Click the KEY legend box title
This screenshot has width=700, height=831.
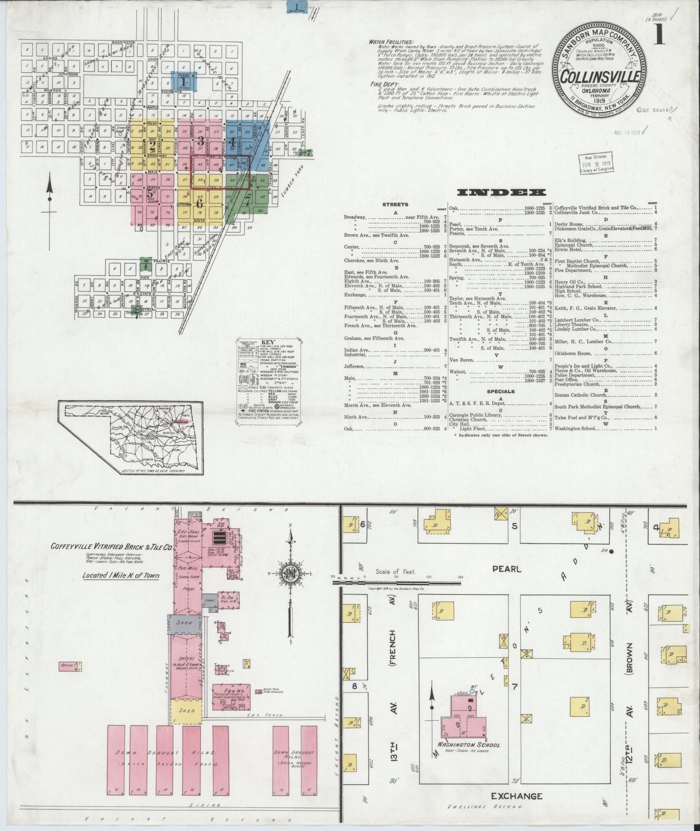[x=267, y=342]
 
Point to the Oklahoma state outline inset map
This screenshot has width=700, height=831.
[x=130, y=435]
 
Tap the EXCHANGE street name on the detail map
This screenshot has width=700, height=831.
[x=516, y=796]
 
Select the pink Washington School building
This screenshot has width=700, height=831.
[x=463, y=716]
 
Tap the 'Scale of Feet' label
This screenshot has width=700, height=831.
[x=392, y=572]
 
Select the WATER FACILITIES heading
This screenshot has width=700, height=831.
[x=391, y=42]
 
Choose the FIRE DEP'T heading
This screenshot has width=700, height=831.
[x=382, y=83]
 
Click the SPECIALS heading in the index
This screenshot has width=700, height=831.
[x=501, y=391]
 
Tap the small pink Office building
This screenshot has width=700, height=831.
[x=67, y=666]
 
